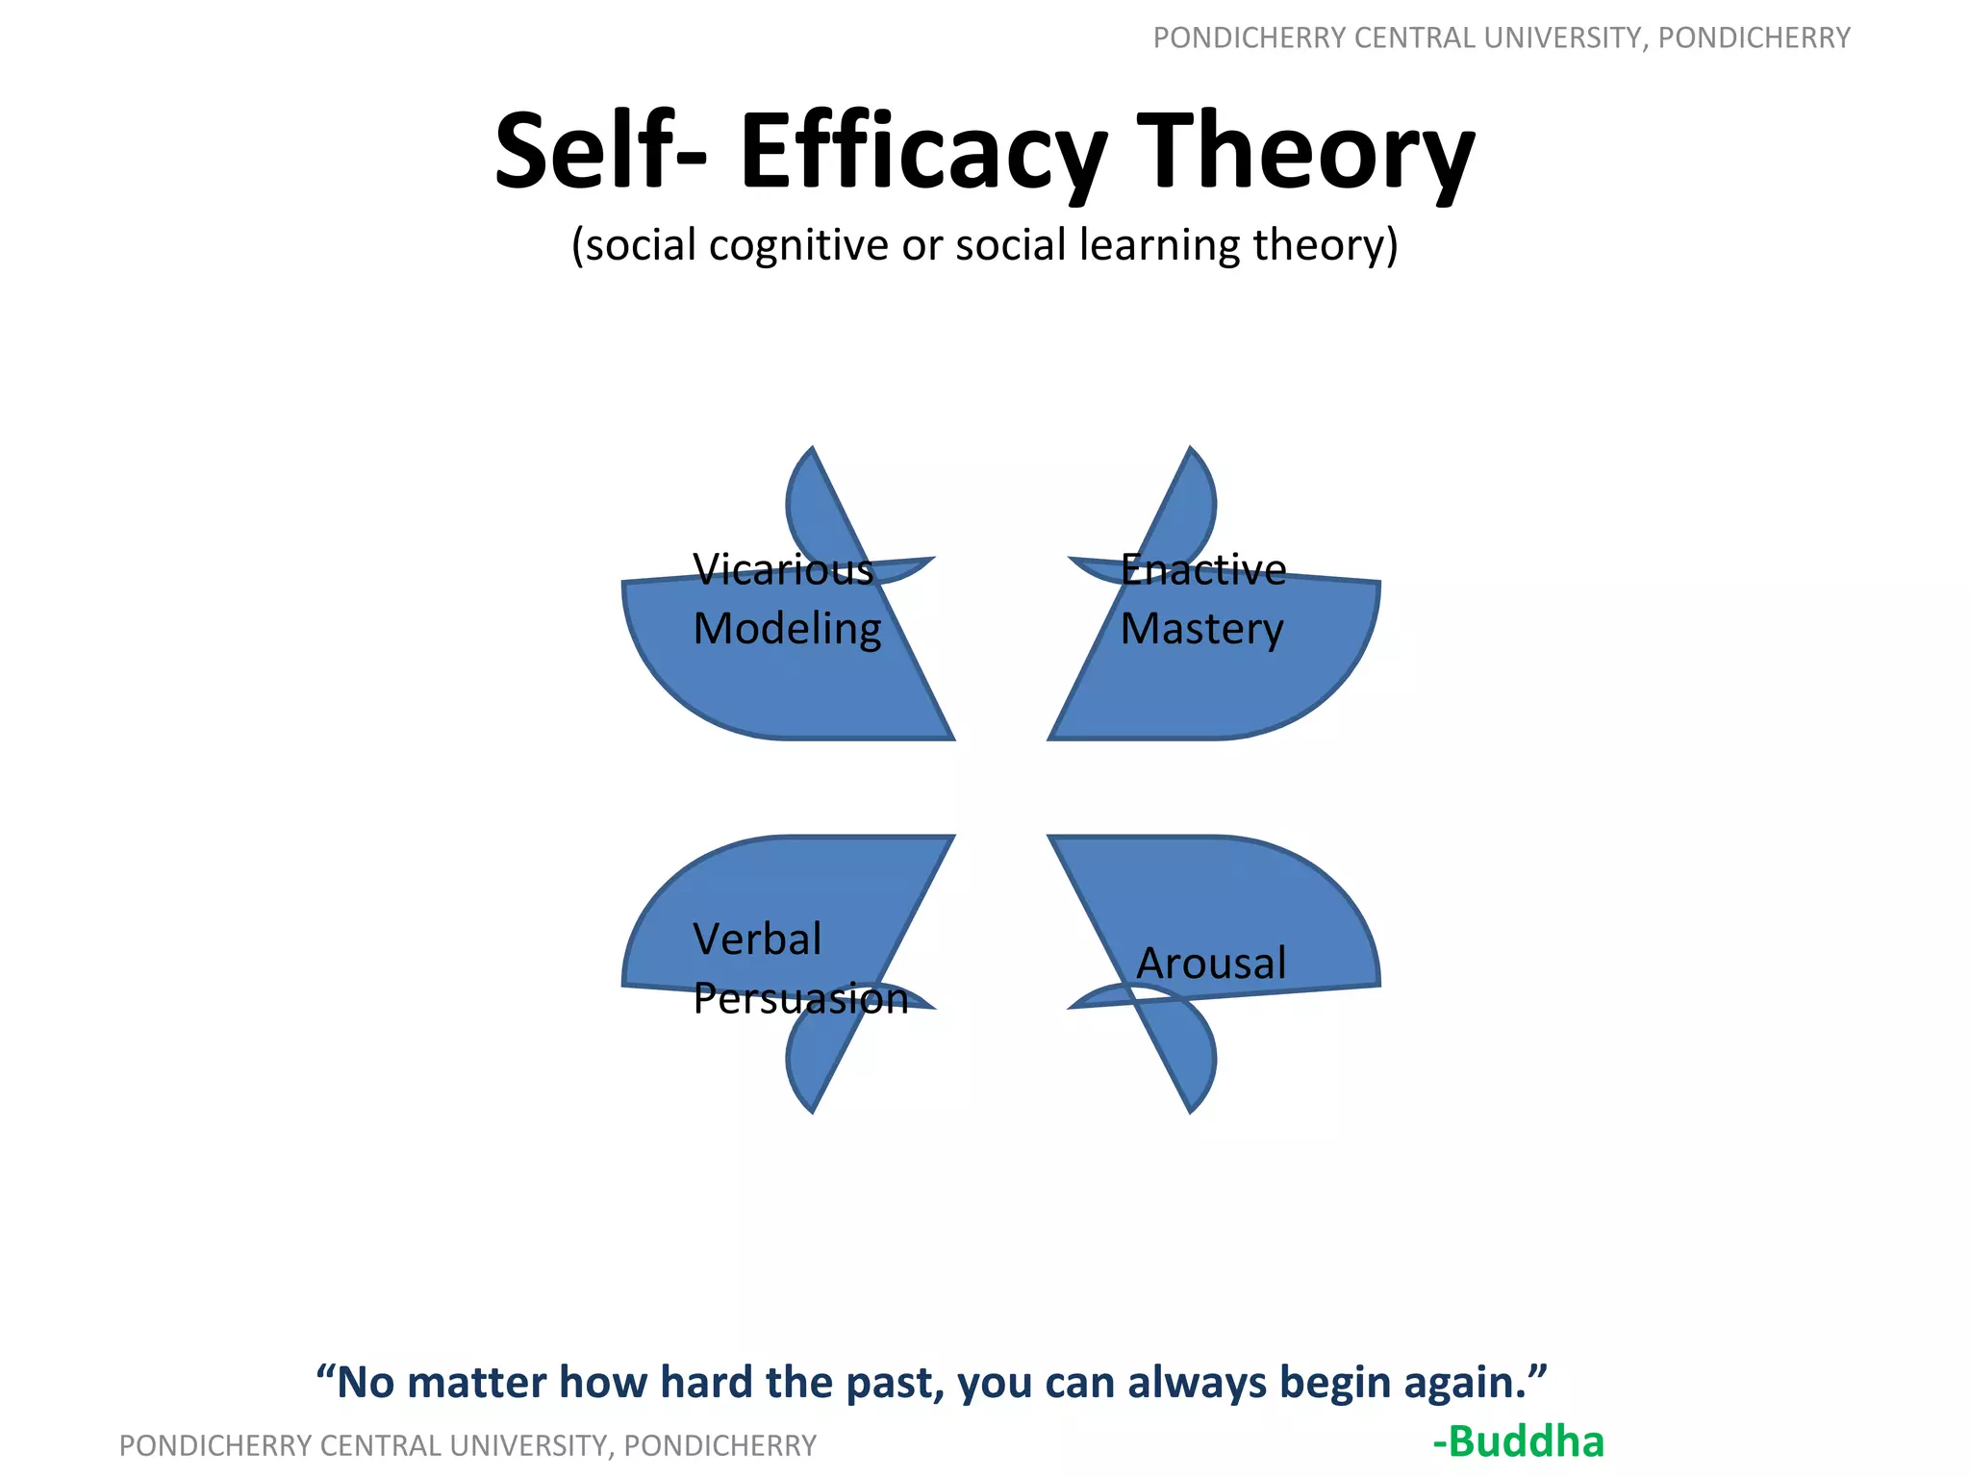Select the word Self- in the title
point(600,152)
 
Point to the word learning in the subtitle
point(1160,246)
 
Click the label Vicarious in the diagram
point(783,570)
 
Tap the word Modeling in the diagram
point(787,630)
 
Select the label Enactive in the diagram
point(1202,570)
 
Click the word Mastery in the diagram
point(1201,630)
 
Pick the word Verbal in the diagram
point(757,939)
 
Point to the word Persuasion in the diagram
point(800,999)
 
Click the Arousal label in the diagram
point(1211,964)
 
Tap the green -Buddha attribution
point(1518,1441)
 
